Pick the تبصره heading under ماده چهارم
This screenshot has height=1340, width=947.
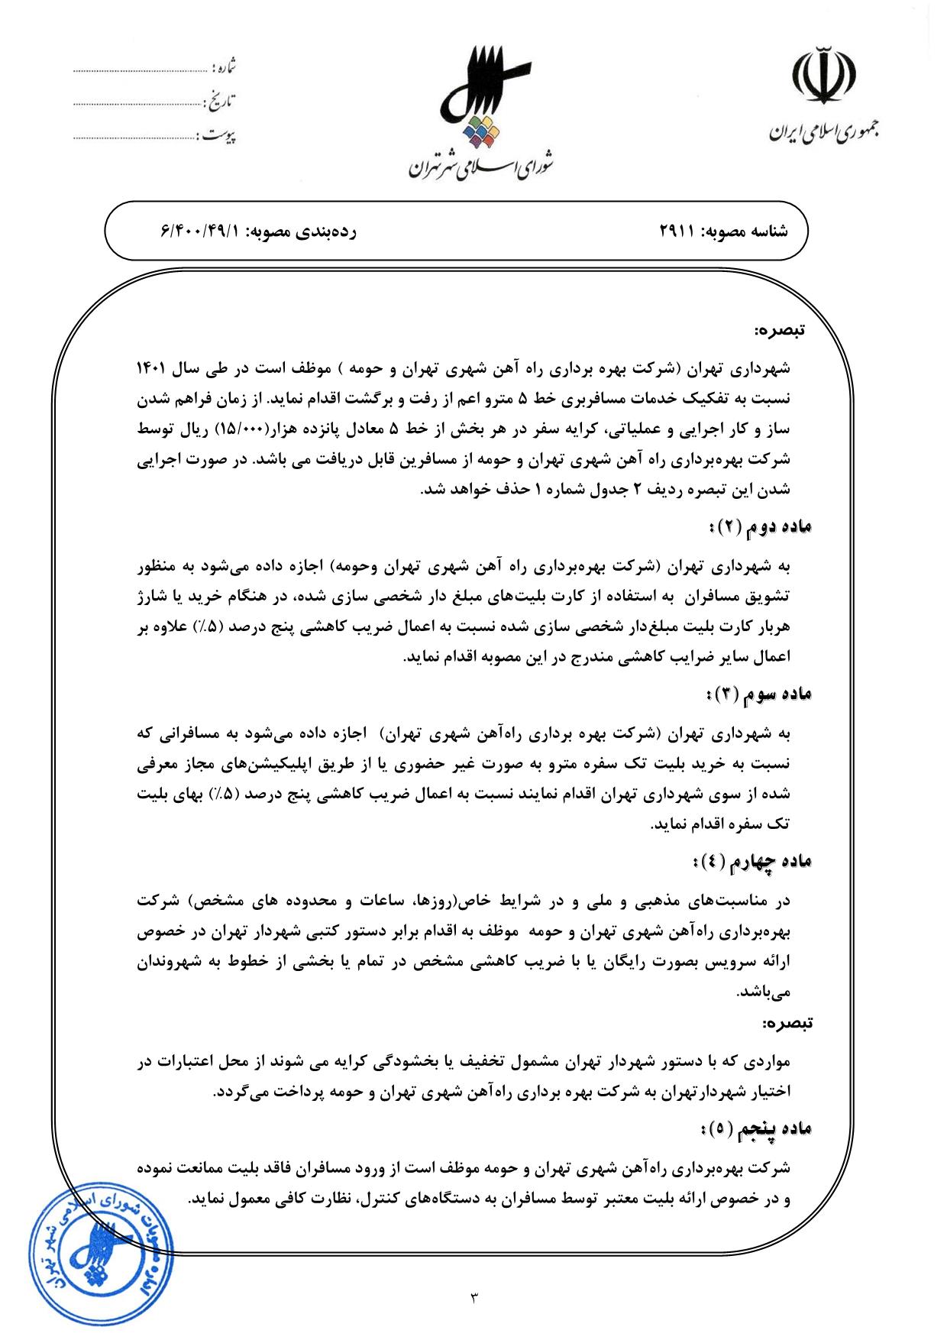point(787,1021)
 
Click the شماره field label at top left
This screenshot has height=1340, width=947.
point(225,67)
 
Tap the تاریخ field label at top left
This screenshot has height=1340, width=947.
point(221,99)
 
